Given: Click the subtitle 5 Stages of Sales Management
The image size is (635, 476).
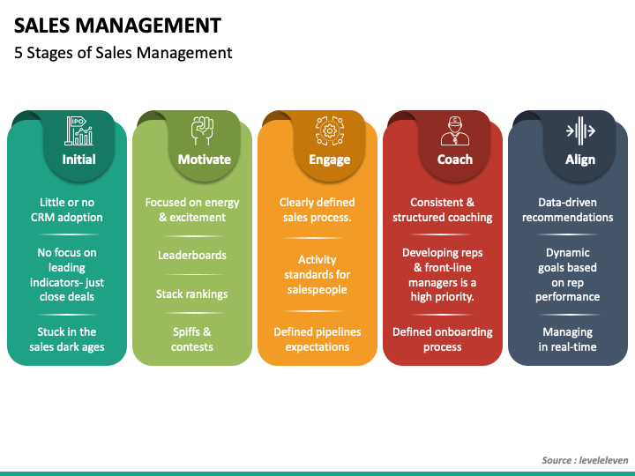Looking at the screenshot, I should pyautogui.click(x=123, y=53).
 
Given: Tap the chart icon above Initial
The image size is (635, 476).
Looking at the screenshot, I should pyautogui.click(x=79, y=130).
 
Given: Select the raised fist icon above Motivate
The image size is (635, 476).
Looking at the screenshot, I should pyautogui.click(x=204, y=130).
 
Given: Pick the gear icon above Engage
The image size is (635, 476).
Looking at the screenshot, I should pyautogui.click(x=329, y=130).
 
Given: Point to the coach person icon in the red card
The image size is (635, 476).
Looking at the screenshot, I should pyautogui.click(x=455, y=130).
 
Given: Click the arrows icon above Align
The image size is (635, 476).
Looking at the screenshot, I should pyautogui.click(x=580, y=130).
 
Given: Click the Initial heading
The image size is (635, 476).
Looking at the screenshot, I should pyautogui.click(x=79, y=160).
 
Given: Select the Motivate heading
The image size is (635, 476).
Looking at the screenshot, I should pyautogui.click(x=204, y=160).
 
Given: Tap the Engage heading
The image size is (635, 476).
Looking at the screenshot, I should pyautogui.click(x=329, y=160).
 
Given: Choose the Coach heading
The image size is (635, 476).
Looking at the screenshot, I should pyautogui.click(x=455, y=160).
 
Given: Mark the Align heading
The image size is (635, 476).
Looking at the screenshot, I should pyautogui.click(x=580, y=160).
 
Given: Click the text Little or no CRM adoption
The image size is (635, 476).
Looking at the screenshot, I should pyautogui.click(x=67, y=210).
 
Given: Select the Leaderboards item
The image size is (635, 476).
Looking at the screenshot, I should pyautogui.click(x=192, y=256).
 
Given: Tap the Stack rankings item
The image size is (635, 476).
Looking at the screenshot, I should pyautogui.click(x=192, y=294).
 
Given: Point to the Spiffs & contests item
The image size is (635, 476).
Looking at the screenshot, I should pyautogui.click(x=192, y=339).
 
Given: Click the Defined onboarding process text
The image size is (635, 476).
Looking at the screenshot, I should pyautogui.click(x=443, y=339).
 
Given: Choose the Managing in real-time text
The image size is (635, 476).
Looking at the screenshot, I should pyautogui.click(x=568, y=339).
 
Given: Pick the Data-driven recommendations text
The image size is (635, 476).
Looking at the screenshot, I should pyautogui.click(x=568, y=210).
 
